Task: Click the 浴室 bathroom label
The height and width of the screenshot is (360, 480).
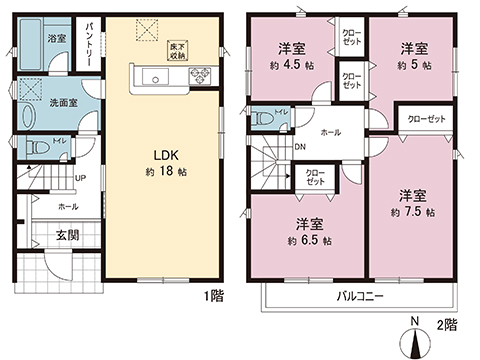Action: pos(56,37)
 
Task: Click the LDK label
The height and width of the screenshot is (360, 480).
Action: pos(165,155)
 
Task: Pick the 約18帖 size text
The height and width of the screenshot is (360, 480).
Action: pos(165,171)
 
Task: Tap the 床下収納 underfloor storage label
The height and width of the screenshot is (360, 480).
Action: pos(175,52)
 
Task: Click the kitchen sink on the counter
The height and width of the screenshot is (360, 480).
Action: pos(155,75)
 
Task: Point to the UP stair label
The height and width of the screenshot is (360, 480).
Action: pos(80,179)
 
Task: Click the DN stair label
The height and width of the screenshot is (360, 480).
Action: pos(301,146)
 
